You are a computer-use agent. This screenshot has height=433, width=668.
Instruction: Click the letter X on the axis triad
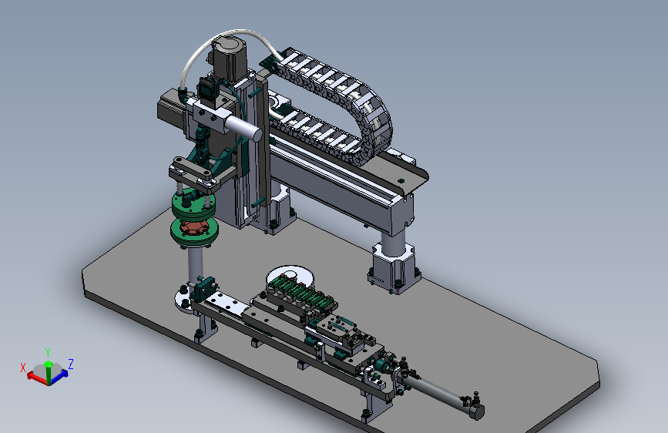23,368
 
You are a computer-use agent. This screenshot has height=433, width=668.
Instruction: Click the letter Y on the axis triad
48,352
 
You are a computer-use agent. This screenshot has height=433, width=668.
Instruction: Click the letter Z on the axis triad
71,364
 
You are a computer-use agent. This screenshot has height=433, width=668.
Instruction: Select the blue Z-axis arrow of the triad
59,376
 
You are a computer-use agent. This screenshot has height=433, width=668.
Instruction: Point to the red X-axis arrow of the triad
38,378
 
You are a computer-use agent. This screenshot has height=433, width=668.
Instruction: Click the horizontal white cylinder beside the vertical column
243,127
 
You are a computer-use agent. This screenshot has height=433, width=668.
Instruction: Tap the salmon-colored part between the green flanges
194,227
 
